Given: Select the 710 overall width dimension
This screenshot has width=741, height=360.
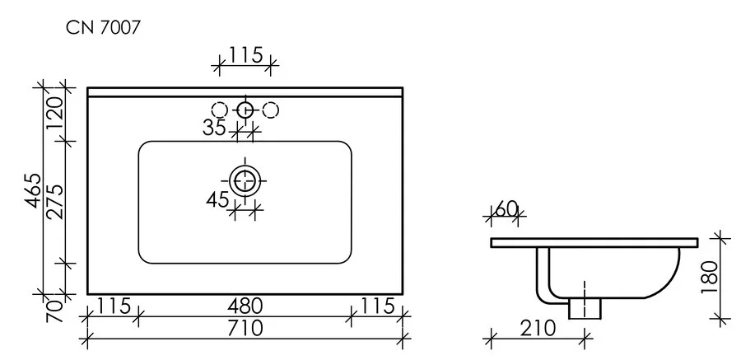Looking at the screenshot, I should pyautogui.click(x=245, y=327).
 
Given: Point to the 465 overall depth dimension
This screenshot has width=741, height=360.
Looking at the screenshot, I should pyautogui.click(x=32, y=191).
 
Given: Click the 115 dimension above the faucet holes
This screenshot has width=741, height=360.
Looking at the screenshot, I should pyautogui.click(x=245, y=55).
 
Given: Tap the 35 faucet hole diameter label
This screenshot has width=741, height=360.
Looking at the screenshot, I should pyautogui.click(x=215, y=127).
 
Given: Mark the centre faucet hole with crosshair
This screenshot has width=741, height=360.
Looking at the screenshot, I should pyautogui.click(x=245, y=110).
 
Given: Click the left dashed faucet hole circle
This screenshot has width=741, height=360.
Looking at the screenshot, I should pyautogui.click(x=220, y=110).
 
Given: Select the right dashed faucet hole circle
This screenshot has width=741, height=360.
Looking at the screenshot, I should pyautogui.click(x=271, y=110).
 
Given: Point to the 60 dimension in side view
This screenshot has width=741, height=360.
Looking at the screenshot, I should pyautogui.click(x=506, y=209).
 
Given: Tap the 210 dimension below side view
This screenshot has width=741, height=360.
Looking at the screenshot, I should pyautogui.click(x=538, y=326).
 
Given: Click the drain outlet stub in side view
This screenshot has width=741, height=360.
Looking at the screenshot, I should pyautogui.click(x=585, y=307).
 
